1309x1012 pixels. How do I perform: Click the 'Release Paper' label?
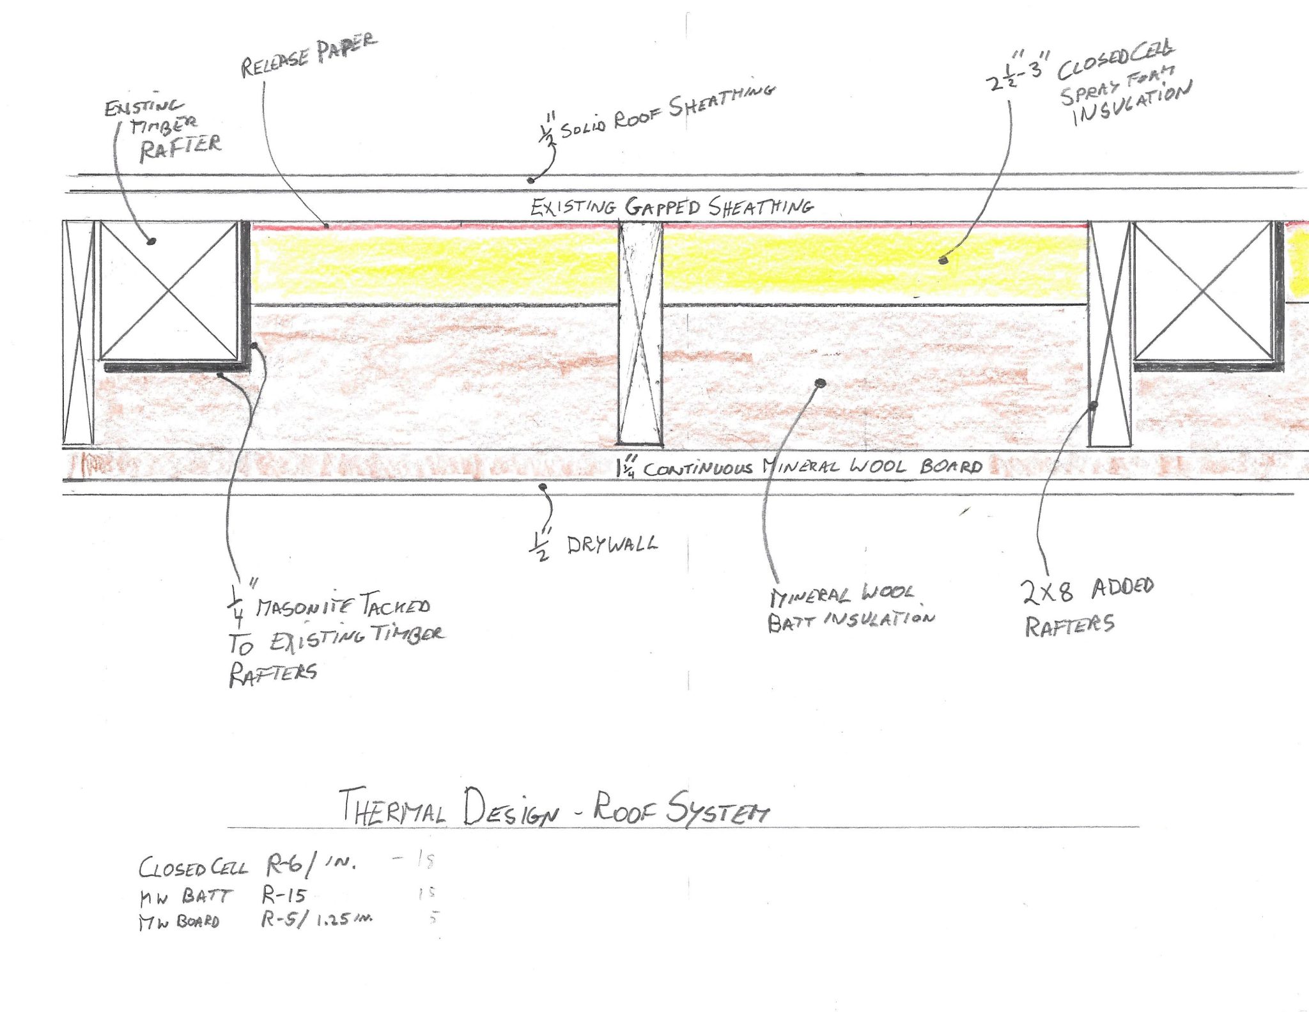tap(309, 56)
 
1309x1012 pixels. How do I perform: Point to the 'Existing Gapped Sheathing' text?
tap(671, 206)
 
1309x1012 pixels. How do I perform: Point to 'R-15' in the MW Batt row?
tap(284, 895)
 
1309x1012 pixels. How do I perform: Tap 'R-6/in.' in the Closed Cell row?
tap(311, 866)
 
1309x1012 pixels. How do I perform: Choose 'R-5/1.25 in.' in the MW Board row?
tap(316, 919)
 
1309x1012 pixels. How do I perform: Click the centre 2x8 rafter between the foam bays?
tap(640, 332)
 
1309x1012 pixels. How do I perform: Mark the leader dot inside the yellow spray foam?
tap(942, 260)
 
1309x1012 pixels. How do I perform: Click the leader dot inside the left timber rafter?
tap(151, 241)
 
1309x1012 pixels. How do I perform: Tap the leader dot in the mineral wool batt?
tap(821, 383)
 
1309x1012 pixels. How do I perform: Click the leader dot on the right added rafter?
tap(1094, 405)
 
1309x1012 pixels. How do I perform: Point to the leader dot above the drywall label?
tap(543, 487)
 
